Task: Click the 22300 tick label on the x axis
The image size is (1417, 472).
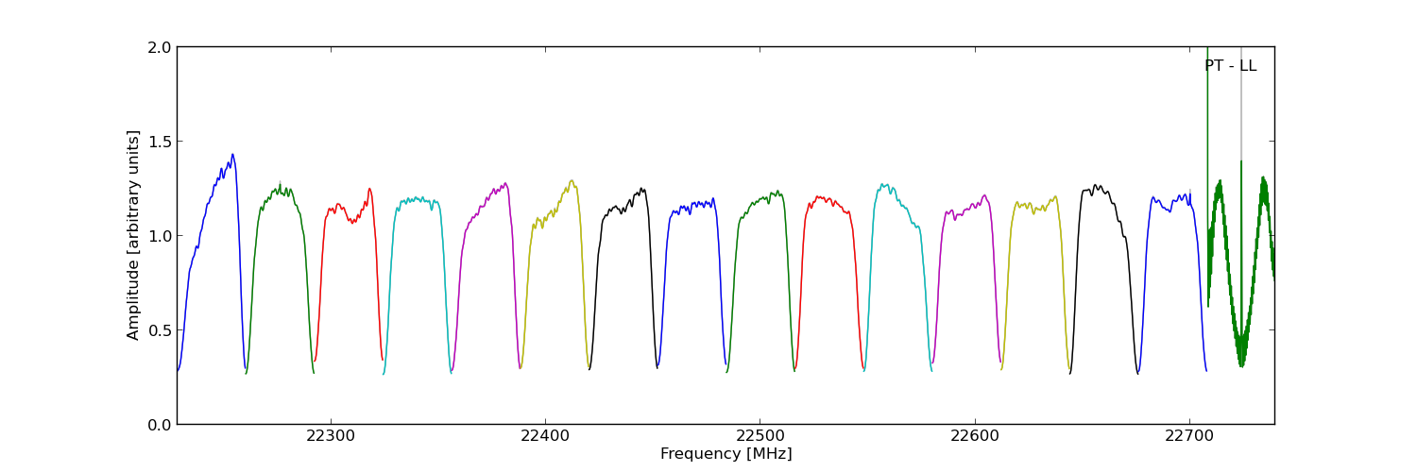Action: [x=331, y=437]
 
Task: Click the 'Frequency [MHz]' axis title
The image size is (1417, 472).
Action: [x=726, y=454]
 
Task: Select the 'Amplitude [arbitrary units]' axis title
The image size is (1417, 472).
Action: [x=134, y=235]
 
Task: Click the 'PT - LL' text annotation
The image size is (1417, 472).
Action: [x=1230, y=66]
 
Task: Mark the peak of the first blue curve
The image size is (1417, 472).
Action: [x=232, y=155]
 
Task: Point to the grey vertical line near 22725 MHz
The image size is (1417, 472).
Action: [x=1241, y=113]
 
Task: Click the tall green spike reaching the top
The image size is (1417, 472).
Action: [x=1207, y=94]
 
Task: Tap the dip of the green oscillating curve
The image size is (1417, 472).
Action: [x=1241, y=363]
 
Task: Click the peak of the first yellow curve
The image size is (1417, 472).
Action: [x=572, y=180]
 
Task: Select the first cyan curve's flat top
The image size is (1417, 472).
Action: [x=417, y=200]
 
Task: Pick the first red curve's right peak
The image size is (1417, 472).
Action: [x=369, y=189]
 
